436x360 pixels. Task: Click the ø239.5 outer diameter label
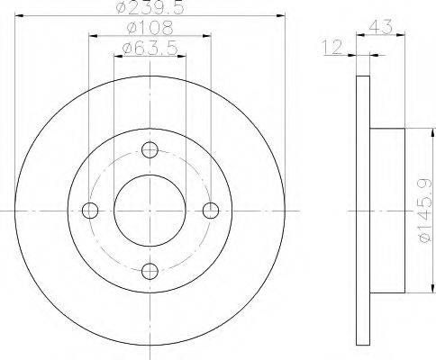click(x=150, y=7)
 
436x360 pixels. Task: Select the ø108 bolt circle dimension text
click(x=150, y=28)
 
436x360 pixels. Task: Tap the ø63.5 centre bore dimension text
click(x=150, y=49)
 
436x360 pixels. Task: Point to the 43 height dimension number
click(x=381, y=27)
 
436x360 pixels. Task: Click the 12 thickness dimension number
click(x=332, y=48)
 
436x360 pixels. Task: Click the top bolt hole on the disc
click(x=150, y=150)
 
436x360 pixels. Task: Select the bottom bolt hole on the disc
click(x=150, y=271)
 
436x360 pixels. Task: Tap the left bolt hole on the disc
click(x=90, y=211)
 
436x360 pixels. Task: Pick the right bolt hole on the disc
click(x=211, y=211)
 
